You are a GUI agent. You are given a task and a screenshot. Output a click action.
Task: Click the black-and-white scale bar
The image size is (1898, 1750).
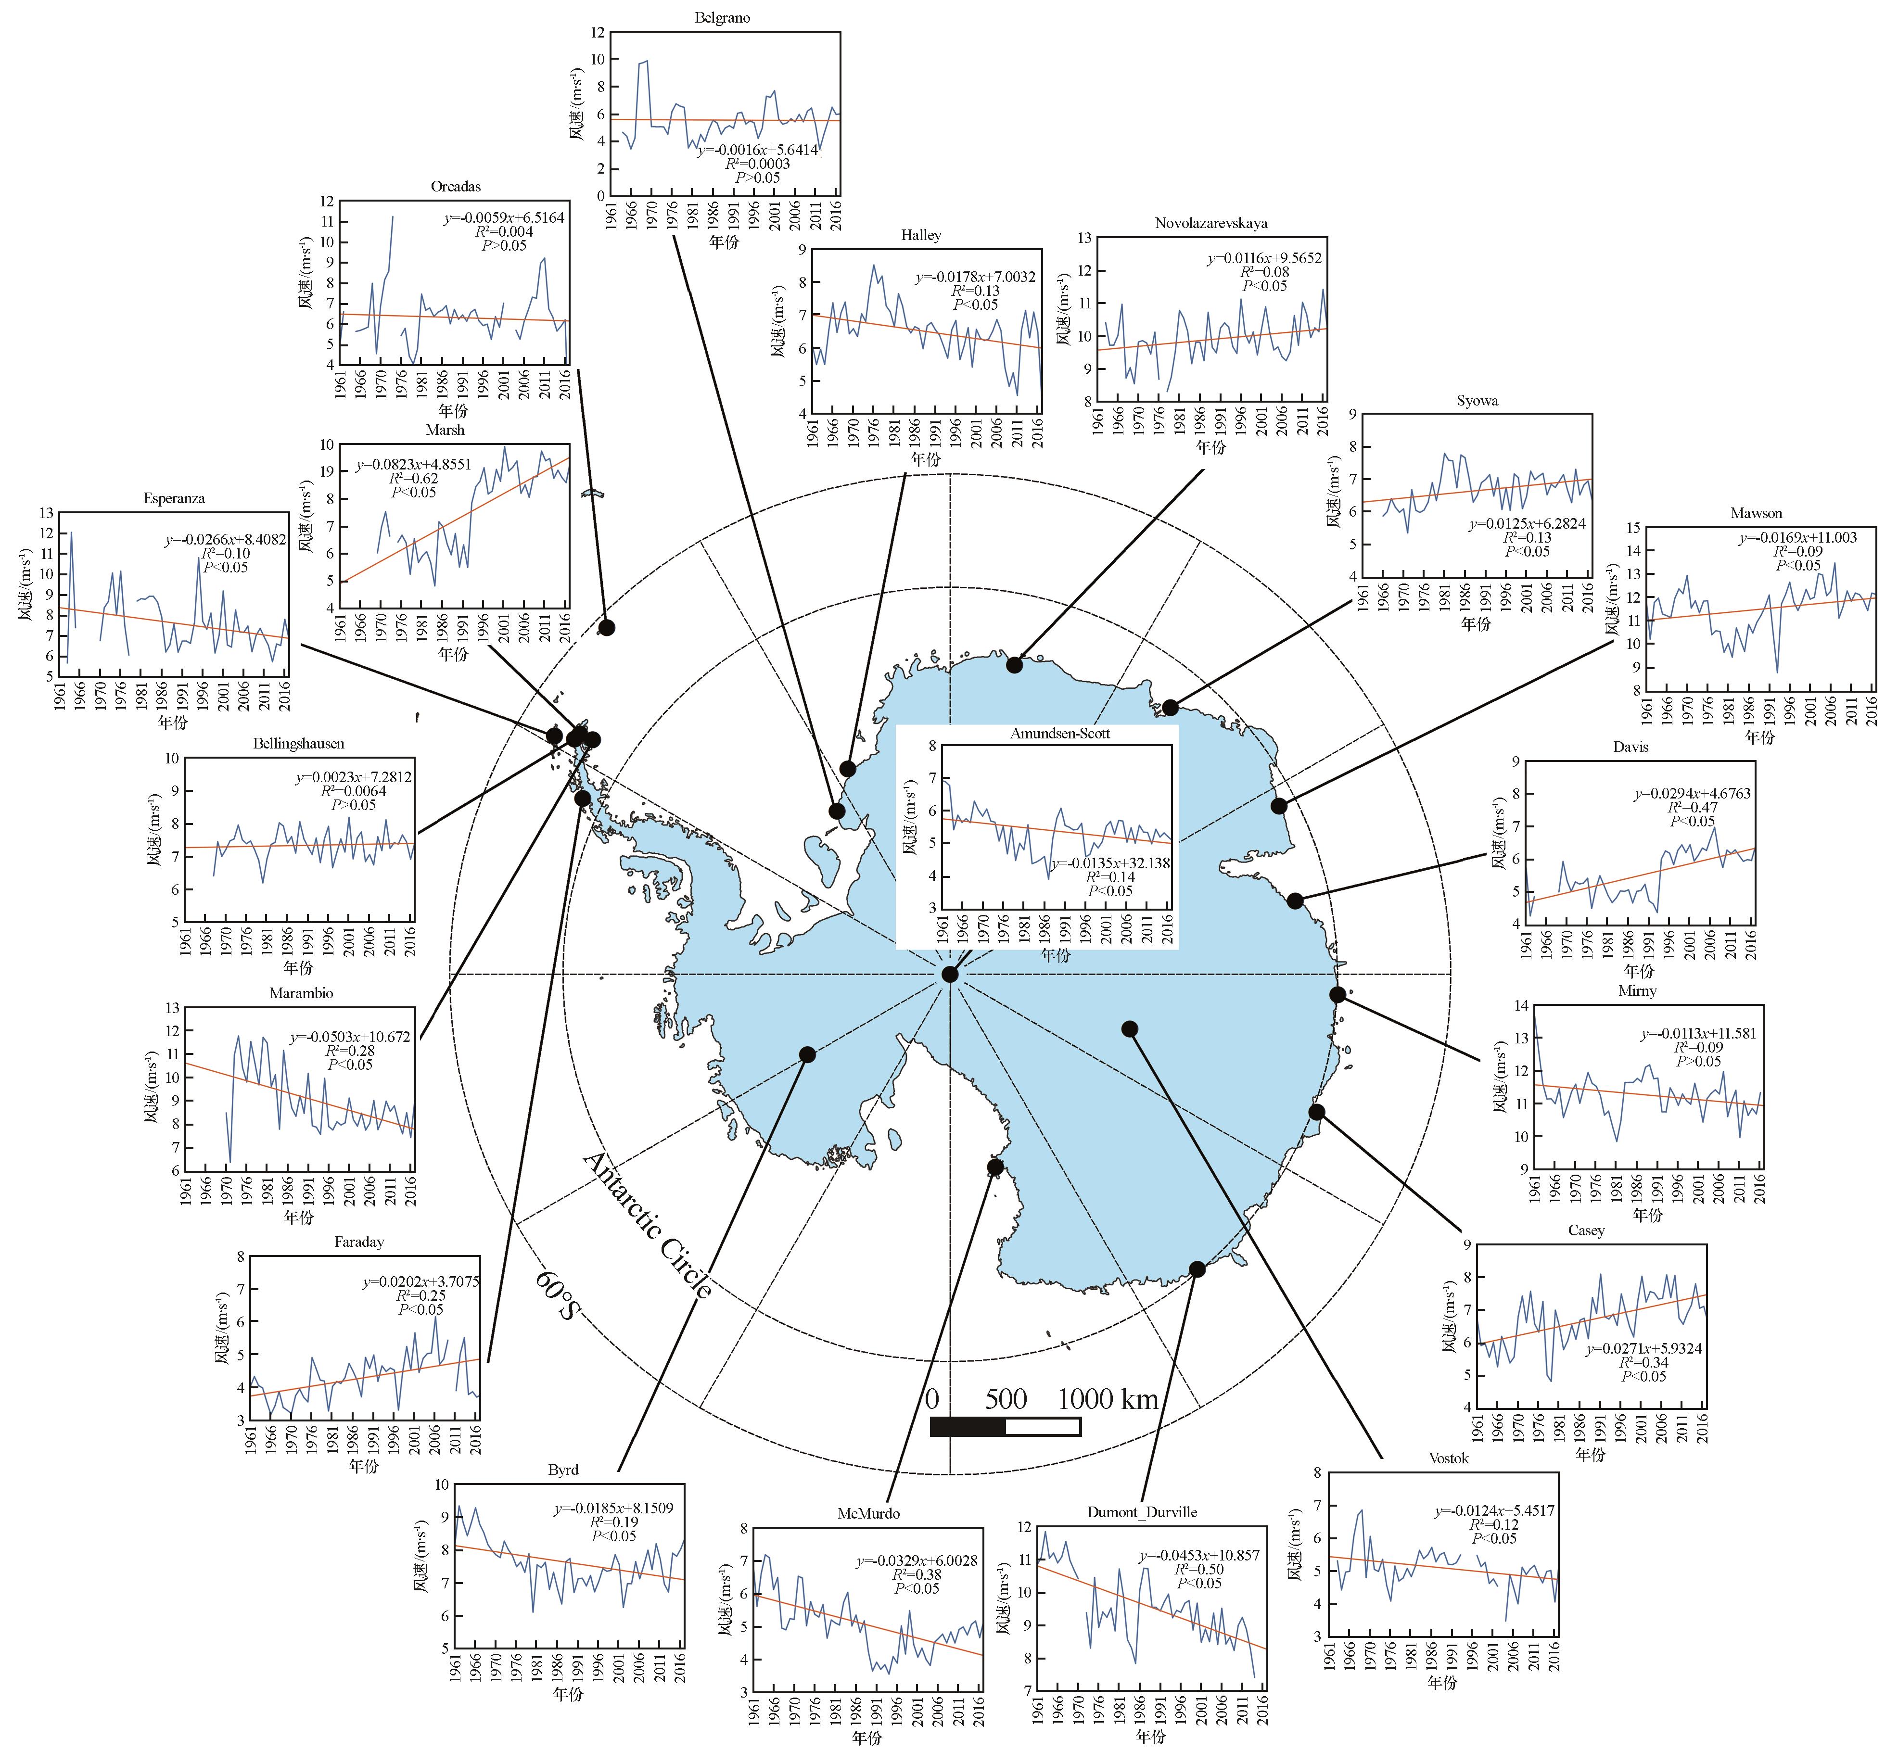click(x=1005, y=1426)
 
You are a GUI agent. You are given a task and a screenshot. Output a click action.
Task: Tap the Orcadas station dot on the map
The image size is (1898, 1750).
click(x=606, y=627)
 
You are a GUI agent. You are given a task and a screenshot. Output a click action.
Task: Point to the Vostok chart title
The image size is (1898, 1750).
click(x=1448, y=1458)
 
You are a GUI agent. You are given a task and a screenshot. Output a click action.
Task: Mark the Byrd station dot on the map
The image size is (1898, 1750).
click(x=807, y=1054)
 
